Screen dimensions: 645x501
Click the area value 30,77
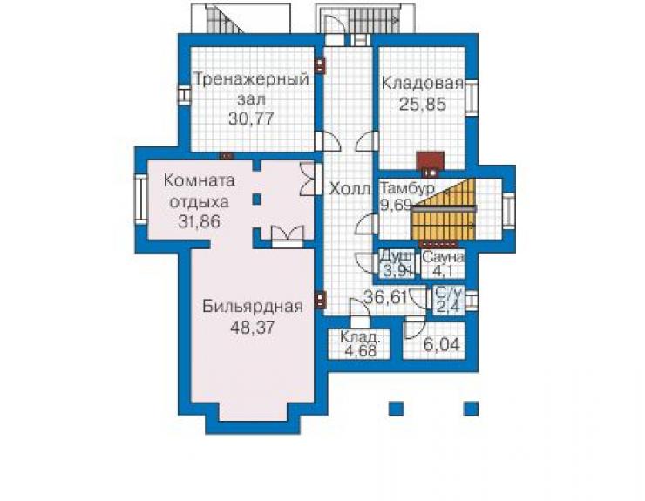click(251, 118)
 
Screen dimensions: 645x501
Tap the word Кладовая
click(423, 83)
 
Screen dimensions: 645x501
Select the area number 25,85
click(423, 104)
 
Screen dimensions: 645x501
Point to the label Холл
click(350, 189)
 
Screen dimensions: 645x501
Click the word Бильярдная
click(253, 307)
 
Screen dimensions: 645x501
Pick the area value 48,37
click(253, 328)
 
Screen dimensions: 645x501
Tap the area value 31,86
click(200, 221)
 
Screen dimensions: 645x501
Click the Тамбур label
click(407, 188)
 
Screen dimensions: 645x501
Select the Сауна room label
click(443, 258)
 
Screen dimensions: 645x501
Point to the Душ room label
click(396, 255)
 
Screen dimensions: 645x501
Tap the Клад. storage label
click(359, 337)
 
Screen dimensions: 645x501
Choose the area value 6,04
click(441, 345)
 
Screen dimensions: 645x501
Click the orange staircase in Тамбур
click(444, 210)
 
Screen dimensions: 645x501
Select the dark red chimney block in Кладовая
click(431, 161)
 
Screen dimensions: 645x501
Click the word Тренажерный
click(251, 79)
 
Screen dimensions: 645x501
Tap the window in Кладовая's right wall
click(472, 98)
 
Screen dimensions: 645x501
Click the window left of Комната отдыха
click(141, 199)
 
